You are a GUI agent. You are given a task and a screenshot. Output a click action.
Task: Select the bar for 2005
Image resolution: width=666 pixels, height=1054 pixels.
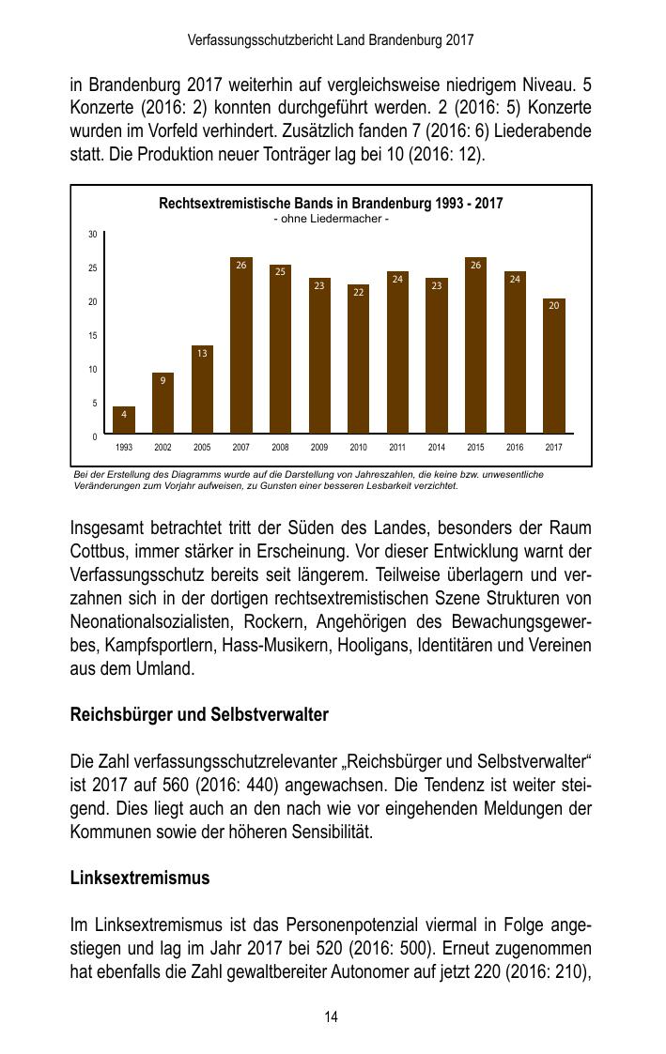point(202,390)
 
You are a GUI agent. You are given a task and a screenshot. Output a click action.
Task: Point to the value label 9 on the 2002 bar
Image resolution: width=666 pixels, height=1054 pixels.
point(163,380)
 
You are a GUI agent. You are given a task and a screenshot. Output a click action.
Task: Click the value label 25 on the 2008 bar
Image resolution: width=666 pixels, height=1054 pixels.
point(280,271)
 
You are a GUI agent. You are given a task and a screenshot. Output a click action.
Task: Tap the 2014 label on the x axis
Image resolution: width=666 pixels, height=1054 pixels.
point(436,448)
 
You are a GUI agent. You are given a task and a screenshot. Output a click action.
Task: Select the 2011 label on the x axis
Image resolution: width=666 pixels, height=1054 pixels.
point(397,448)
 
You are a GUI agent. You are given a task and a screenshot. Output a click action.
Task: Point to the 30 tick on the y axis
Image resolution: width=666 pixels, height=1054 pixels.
point(93,234)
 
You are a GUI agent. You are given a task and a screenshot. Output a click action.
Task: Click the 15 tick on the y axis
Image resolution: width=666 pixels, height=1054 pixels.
point(93,335)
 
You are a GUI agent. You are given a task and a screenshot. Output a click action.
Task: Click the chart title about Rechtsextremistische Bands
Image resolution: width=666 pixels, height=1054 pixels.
point(331,204)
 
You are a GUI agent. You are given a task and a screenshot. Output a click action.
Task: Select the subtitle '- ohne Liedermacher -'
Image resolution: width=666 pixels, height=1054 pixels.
point(331,219)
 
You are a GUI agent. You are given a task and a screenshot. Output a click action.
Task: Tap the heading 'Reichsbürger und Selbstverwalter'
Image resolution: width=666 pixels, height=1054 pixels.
point(199,715)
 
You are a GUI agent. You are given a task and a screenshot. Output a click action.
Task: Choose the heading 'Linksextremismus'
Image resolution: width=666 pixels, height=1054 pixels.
point(140,878)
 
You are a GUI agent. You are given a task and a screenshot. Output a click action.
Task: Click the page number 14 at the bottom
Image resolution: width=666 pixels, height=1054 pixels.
point(332,1017)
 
